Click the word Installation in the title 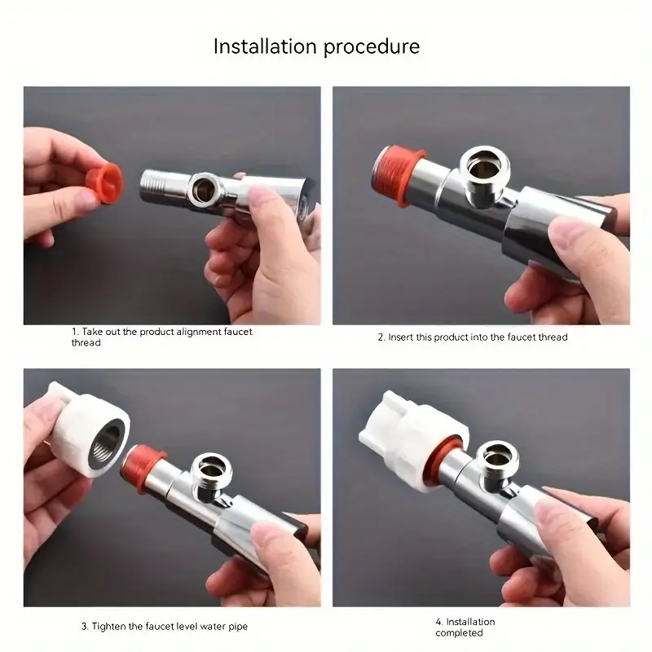click(266, 46)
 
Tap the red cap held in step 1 click(104, 183)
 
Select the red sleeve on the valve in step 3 click(143, 468)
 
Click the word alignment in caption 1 click(200, 333)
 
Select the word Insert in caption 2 click(400, 337)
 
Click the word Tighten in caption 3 click(108, 627)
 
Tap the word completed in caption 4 click(459, 633)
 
